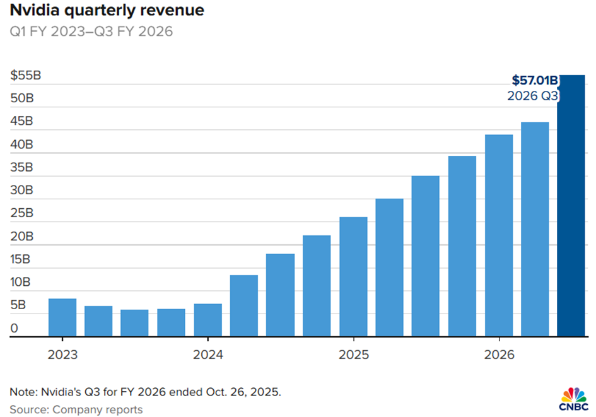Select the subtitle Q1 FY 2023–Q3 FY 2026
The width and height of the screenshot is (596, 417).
click(91, 31)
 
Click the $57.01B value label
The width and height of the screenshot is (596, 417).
click(534, 80)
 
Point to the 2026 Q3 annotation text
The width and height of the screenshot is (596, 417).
click(533, 96)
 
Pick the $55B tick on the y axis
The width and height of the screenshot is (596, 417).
click(26, 76)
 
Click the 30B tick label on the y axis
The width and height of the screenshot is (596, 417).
click(22, 191)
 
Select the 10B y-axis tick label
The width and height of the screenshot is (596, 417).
click(22, 282)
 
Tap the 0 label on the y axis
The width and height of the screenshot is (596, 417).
click(15, 328)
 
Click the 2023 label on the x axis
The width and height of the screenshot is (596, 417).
click(62, 355)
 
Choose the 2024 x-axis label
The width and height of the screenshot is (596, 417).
click(207, 355)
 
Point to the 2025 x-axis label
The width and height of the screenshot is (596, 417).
click(353, 355)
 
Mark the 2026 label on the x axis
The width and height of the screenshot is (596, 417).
click(498, 355)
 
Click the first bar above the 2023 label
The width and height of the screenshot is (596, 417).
click(62, 318)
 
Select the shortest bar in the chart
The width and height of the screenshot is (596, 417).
click(135, 323)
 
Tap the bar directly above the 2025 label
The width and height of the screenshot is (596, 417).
click(353, 277)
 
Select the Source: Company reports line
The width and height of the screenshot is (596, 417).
click(76, 410)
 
